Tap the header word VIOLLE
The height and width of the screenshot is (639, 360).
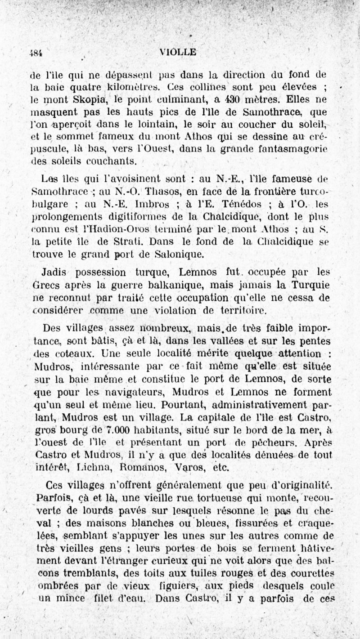pos(178,52)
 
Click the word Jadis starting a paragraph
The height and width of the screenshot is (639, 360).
pos(55,273)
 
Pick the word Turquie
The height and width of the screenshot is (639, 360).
pos(306,285)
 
